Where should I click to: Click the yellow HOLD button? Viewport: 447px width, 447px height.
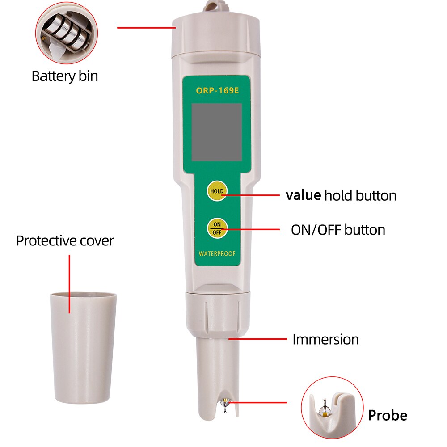[217, 191]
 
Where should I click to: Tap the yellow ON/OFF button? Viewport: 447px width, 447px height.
[217, 228]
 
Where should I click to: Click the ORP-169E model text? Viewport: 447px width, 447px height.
[217, 91]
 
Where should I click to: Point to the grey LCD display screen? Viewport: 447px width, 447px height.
[217, 132]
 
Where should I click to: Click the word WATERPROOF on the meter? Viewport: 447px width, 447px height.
[217, 254]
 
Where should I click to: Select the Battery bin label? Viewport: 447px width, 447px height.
[64, 76]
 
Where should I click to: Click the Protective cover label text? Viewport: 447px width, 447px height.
[65, 240]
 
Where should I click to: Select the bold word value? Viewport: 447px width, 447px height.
[303, 195]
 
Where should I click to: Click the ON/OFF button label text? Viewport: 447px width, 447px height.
[338, 230]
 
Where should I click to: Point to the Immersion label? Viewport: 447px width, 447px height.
[325, 339]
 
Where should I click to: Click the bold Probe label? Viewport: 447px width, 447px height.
[388, 416]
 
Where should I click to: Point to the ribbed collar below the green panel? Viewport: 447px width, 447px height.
[217, 313]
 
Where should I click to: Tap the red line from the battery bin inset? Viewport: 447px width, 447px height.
[145, 28]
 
